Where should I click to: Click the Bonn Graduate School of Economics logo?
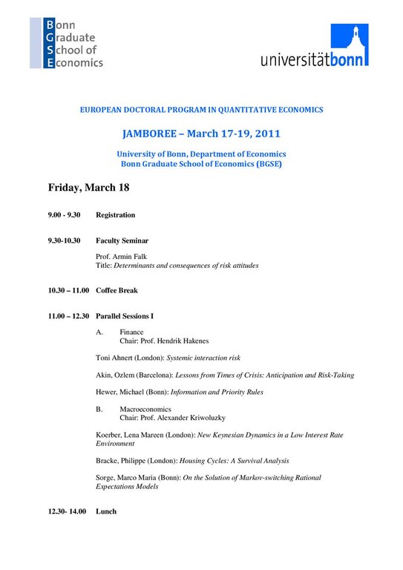click(67, 43)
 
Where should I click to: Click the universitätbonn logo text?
click(314, 59)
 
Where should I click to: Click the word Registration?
click(116, 215)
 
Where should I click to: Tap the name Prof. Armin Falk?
click(123, 256)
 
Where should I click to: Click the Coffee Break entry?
click(117, 290)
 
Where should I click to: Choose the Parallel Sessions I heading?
click(125, 316)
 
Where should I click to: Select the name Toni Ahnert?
click(117, 358)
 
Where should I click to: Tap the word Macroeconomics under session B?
click(145, 409)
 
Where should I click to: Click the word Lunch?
click(106, 511)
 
